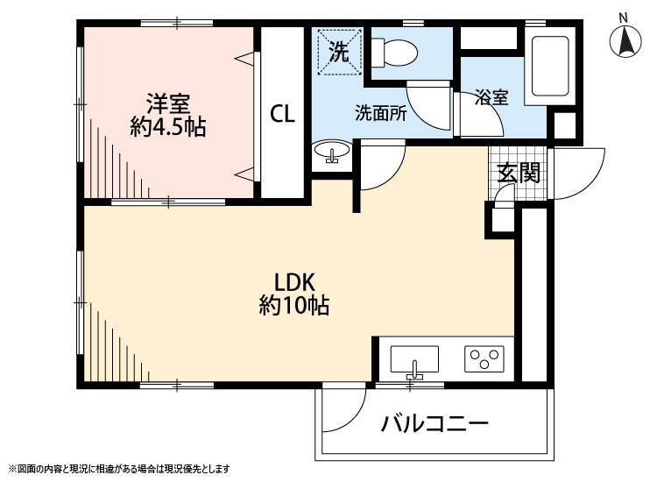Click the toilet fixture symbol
(x=394, y=53)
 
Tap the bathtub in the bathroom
(x=550, y=66)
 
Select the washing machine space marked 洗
(x=339, y=52)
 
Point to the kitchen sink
(x=414, y=360)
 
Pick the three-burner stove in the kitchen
(x=484, y=358)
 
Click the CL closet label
(x=282, y=113)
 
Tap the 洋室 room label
(x=167, y=103)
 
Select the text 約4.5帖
(x=167, y=127)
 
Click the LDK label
(x=294, y=282)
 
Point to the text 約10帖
(x=294, y=305)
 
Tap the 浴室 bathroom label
(x=492, y=97)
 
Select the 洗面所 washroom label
(x=380, y=113)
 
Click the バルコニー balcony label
(x=434, y=424)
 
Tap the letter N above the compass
(x=624, y=18)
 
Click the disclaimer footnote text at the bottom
(x=119, y=469)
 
